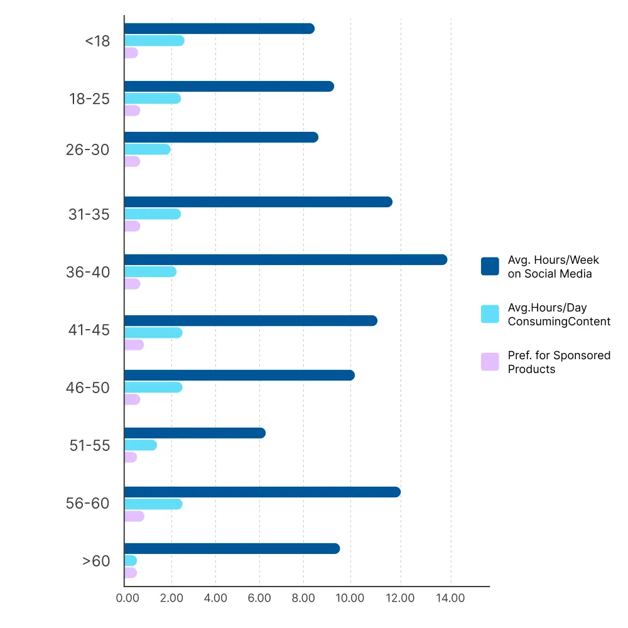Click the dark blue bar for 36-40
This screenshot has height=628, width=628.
pos(286,260)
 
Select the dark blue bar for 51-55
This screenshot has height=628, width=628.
pos(195,433)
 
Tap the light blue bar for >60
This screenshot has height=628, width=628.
pos(131,561)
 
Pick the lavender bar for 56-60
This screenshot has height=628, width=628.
pos(134,516)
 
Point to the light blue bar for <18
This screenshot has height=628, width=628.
pos(154,41)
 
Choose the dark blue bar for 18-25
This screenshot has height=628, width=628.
pos(229,87)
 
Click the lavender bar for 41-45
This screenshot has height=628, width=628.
pos(134,345)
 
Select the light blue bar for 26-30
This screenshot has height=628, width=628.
pos(148,149)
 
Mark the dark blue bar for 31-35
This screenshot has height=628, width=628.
pos(258,202)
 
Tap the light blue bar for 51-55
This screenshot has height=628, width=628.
pos(141,445)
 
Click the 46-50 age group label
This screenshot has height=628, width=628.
pos(88,387)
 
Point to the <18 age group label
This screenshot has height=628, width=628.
pos(97,41)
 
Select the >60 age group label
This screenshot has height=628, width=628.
pos(96,561)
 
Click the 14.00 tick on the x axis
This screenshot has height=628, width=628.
pos(450,598)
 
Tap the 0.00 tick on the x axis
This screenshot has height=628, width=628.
pos(127,598)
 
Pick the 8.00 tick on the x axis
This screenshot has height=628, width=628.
pos(303,598)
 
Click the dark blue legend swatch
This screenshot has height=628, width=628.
pos(490,266)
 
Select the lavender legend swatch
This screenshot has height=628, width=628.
pos(490,362)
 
